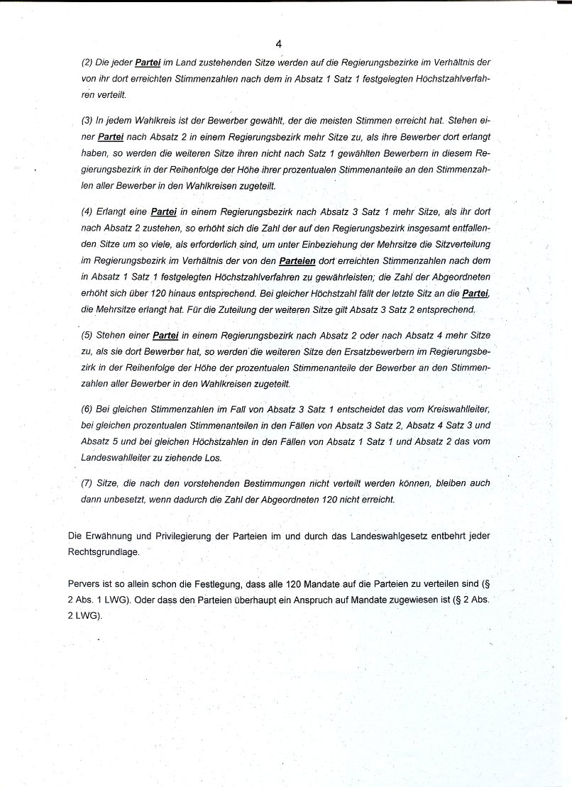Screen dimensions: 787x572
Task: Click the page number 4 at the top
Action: [x=279, y=44]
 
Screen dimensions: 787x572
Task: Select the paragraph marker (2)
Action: [x=87, y=63]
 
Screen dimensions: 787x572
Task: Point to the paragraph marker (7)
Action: [x=87, y=483]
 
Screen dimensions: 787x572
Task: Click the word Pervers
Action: [x=84, y=584]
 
